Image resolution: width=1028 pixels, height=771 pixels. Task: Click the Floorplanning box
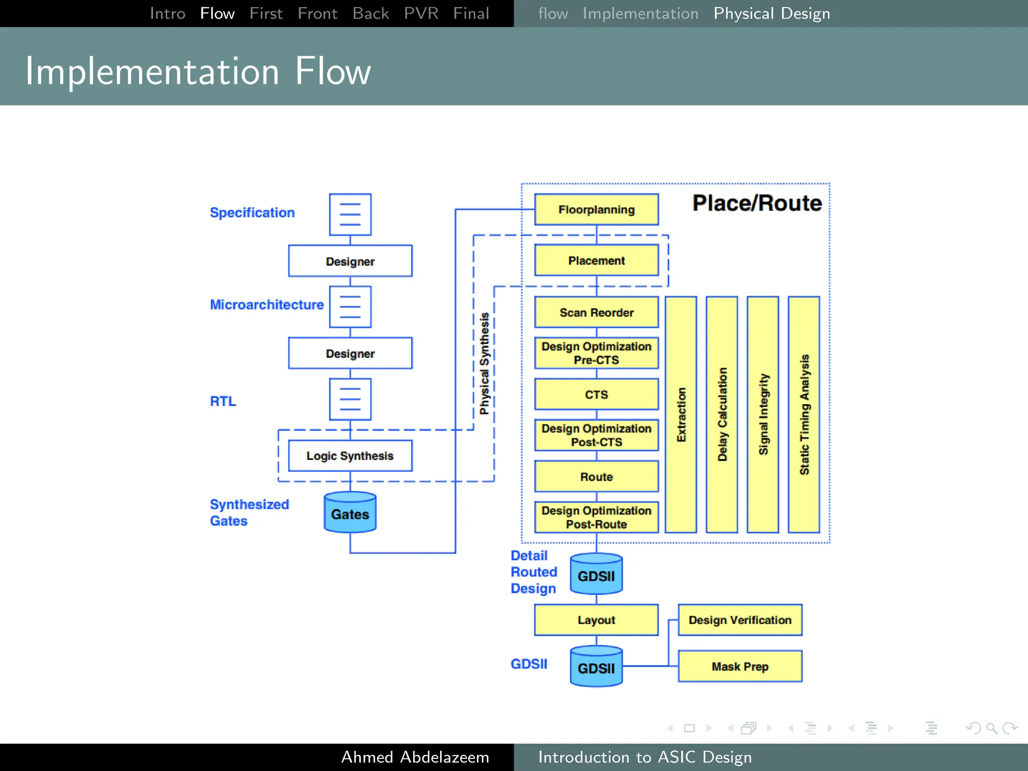coord(596,209)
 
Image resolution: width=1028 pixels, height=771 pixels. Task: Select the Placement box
coord(596,261)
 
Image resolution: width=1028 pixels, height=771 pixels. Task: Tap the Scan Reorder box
coord(596,312)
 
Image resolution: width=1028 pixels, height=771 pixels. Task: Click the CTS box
coord(596,395)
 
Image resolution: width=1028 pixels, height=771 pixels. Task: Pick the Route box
coord(596,476)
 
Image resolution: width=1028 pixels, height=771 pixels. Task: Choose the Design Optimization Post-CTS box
coord(596,435)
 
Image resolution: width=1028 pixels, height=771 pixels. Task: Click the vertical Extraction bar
coord(681,415)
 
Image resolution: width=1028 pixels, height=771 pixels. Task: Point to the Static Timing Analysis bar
coord(804,415)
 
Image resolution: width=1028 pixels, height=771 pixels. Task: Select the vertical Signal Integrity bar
coord(762,415)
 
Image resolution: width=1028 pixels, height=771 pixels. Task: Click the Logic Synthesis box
coord(350,456)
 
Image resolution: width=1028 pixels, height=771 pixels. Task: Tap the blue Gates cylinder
coord(350,513)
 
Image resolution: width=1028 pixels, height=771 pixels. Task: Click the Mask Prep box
coord(740,667)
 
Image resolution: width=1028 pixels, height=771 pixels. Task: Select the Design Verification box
coord(740,620)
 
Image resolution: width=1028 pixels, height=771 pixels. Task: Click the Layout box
coord(596,620)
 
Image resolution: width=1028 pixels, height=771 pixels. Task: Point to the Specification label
coord(252,213)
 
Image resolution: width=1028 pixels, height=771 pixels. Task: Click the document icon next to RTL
coord(350,400)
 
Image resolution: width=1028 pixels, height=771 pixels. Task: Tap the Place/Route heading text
coord(757,203)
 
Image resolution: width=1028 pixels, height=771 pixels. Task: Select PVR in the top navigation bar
coord(421,14)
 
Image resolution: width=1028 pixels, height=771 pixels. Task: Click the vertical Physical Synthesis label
coord(484,363)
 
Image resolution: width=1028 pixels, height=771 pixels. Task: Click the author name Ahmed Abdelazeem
coord(415,757)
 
